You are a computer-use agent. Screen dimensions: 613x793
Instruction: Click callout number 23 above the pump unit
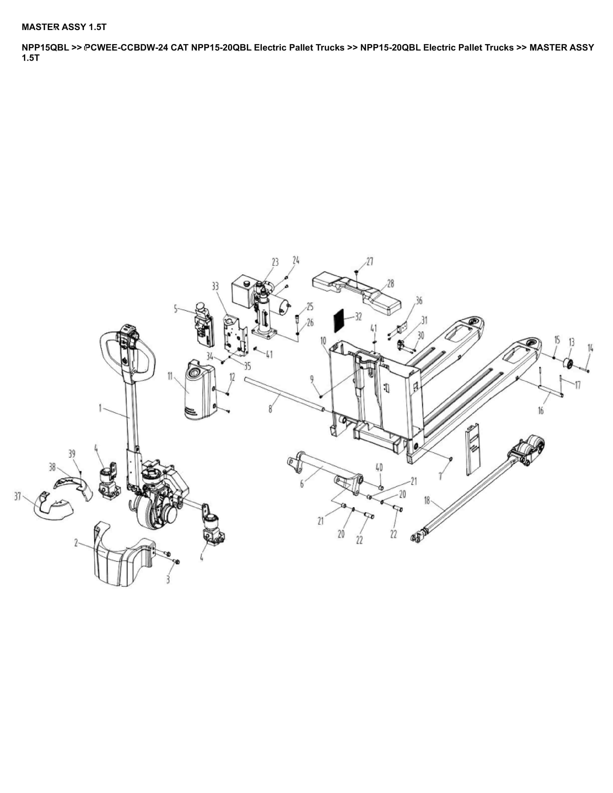(275, 262)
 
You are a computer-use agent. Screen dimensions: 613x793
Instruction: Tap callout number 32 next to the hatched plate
(358, 317)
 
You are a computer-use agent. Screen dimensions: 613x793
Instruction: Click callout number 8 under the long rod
(270, 409)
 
